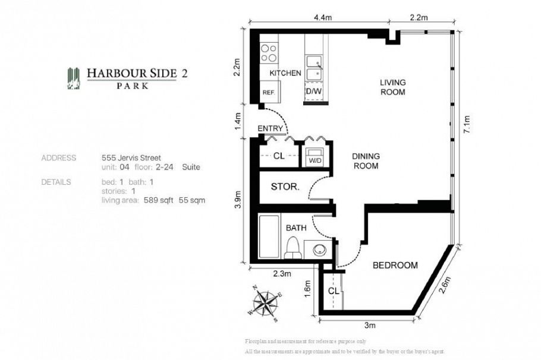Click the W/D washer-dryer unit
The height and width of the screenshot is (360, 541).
pyautogui.click(x=314, y=159)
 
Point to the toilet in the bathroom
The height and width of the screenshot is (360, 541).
pyautogui.click(x=292, y=249)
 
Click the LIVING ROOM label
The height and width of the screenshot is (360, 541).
pyautogui.click(x=393, y=87)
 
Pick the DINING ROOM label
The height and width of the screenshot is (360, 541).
pyautogui.click(x=366, y=161)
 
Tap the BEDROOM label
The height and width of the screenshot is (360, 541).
pyautogui.click(x=395, y=266)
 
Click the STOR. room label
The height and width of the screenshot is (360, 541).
pyautogui.click(x=285, y=187)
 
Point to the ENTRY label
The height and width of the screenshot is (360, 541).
pyautogui.click(x=270, y=128)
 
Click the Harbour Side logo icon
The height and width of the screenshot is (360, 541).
pyautogui.click(x=74, y=78)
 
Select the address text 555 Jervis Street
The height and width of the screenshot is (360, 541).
pyautogui.click(x=132, y=158)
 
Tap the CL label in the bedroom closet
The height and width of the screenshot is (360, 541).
pyautogui.click(x=334, y=291)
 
